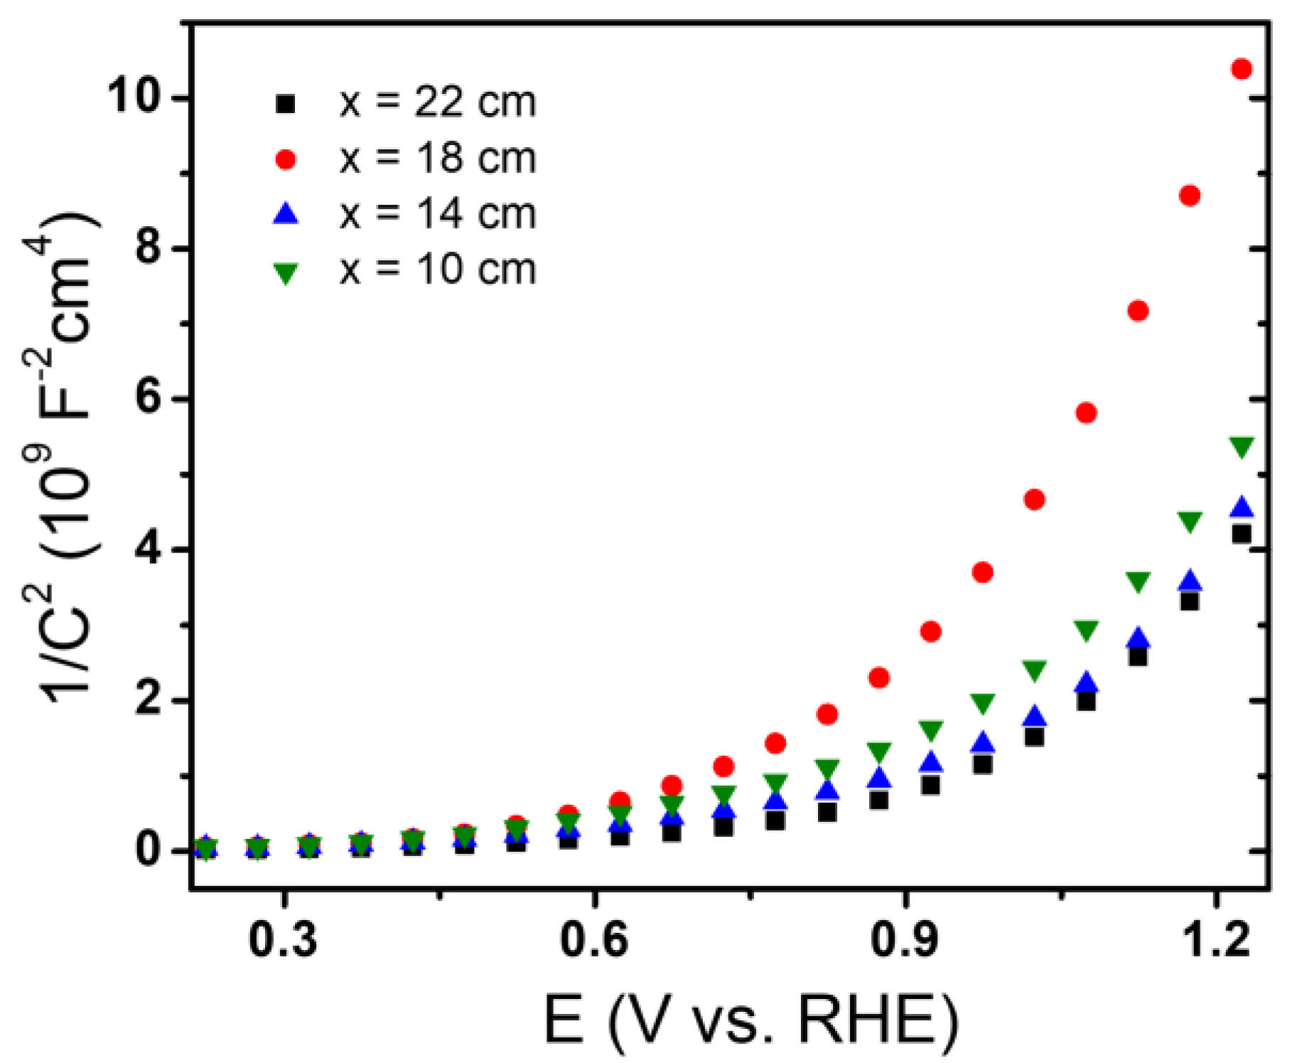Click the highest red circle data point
[x=1242, y=69]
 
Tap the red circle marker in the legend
[x=286, y=160]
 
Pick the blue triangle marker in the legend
[x=286, y=214]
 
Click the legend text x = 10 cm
[x=437, y=270]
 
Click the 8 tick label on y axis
[x=148, y=247]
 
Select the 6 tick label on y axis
[x=148, y=398]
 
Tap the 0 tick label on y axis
[x=148, y=849]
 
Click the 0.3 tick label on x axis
[x=283, y=939]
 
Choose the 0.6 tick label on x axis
[x=594, y=939]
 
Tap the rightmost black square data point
[x=1242, y=533]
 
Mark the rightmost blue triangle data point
[x=1242, y=507]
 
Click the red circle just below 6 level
[x=1086, y=413]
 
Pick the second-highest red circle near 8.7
[x=1190, y=196]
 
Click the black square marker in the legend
[x=286, y=104]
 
